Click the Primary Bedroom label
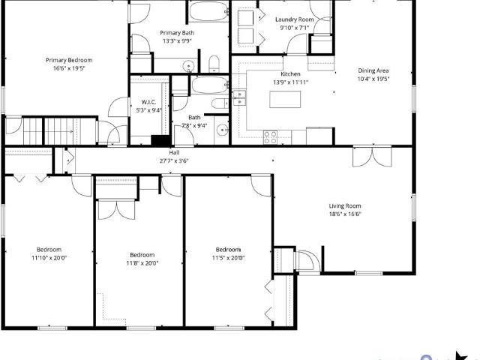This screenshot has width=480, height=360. [x=69, y=60]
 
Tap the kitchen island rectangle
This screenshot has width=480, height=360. [x=285, y=99]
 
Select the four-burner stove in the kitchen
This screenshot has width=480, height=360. [x=270, y=137]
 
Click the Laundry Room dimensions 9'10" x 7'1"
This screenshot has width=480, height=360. [x=294, y=28]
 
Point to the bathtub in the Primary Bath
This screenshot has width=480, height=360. [x=208, y=11]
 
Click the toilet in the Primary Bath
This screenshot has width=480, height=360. [x=214, y=64]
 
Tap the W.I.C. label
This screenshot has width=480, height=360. [x=148, y=102]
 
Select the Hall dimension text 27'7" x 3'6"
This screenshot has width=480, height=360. [x=174, y=160]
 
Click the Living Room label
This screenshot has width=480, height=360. [x=345, y=205]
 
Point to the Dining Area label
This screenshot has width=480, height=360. [x=373, y=70]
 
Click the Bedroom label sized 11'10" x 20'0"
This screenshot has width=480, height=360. [x=49, y=250]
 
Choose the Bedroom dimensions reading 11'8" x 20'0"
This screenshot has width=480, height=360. [x=142, y=263]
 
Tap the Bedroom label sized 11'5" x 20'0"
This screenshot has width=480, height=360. [x=228, y=250]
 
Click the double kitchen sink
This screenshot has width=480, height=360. [x=238, y=98]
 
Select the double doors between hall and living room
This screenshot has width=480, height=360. [x=372, y=157]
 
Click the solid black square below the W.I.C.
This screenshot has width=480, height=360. [x=160, y=140]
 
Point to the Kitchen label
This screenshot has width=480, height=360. [x=290, y=73]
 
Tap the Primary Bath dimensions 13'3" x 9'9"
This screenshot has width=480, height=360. [x=177, y=40]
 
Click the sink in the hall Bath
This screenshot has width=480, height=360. [x=221, y=130]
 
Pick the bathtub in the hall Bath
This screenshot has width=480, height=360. [x=209, y=85]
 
